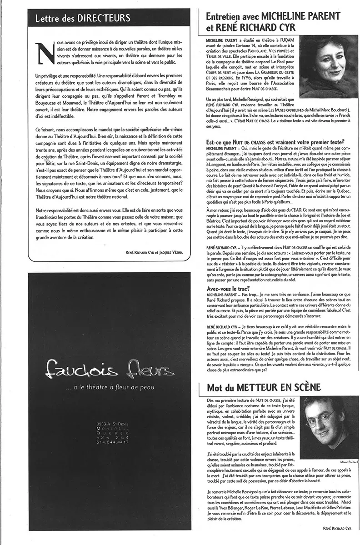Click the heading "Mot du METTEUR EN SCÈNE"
[264, 387]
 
